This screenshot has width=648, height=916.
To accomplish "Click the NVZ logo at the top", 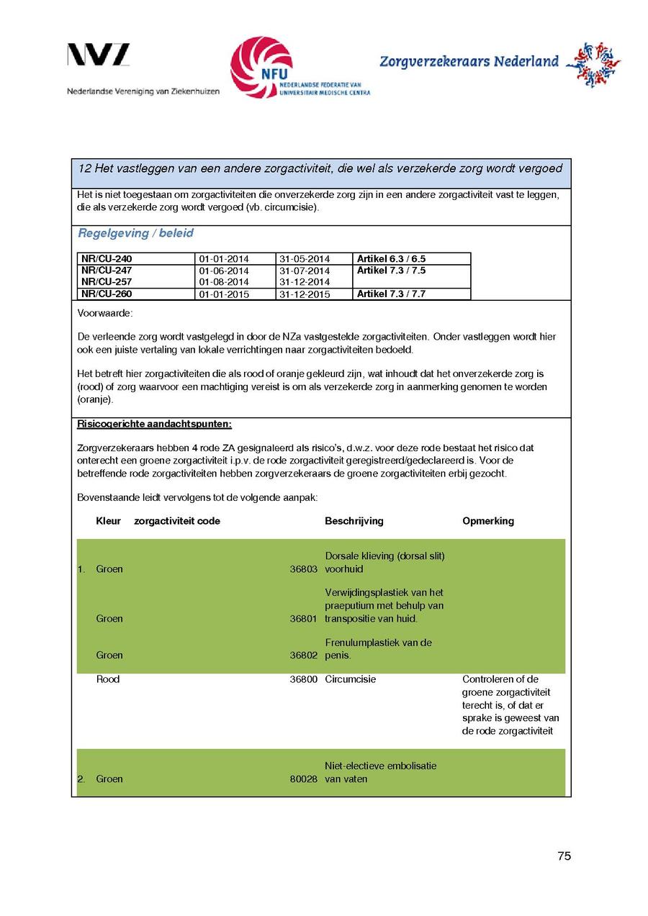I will (99, 55).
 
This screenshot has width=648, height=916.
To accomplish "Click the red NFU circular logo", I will (261, 67).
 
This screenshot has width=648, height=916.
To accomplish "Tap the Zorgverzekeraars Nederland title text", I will (469, 62).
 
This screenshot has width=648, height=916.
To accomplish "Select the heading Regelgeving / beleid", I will (135, 234).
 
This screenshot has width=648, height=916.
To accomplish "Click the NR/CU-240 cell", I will (107, 259).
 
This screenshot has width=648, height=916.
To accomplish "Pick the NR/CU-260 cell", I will (107, 294).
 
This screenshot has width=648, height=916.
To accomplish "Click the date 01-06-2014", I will (224, 271).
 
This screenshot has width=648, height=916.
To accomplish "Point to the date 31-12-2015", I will (305, 294).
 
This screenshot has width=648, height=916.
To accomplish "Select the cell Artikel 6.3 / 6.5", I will (392, 259).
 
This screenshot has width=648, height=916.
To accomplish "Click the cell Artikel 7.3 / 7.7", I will (392, 294).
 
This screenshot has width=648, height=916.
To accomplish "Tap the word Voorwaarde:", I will (105, 314).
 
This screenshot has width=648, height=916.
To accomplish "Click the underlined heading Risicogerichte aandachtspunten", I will (154, 425).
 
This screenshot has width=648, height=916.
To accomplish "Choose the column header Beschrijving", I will (354, 521).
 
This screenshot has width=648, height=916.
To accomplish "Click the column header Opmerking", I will (488, 521).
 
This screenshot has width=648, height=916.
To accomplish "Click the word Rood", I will (108, 679).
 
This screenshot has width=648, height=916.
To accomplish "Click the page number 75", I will (564, 856).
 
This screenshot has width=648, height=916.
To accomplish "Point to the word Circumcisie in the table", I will (351, 679).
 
